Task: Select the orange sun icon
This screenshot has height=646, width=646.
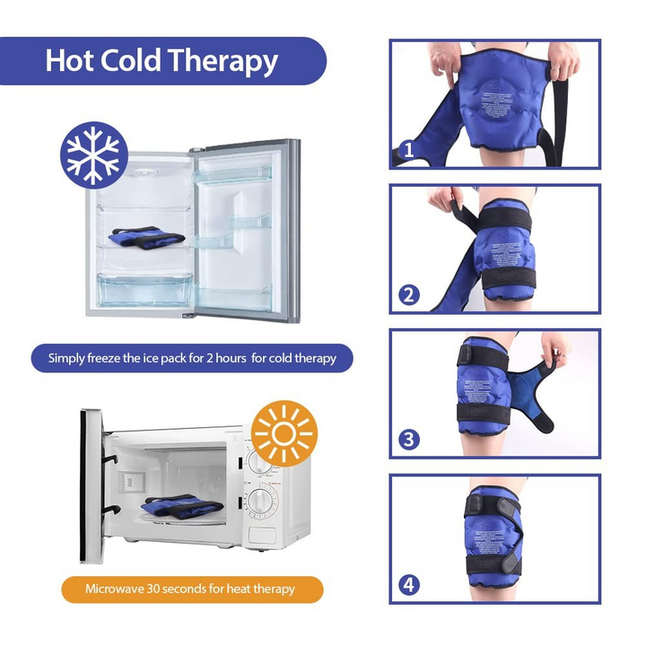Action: tap(284, 433)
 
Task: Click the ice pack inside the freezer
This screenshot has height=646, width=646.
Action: tap(144, 237)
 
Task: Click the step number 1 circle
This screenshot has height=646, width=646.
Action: tap(408, 150)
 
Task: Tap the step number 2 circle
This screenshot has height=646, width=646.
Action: tap(408, 294)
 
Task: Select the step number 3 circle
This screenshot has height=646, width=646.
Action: tap(408, 440)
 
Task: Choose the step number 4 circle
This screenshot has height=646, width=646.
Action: tap(408, 585)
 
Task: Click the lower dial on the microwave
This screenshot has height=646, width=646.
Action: tap(263, 502)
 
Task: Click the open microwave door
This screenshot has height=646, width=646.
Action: tap(90, 484)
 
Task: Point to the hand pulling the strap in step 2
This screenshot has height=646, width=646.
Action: tap(441, 199)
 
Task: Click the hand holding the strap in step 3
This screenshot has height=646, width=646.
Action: tap(556, 348)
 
